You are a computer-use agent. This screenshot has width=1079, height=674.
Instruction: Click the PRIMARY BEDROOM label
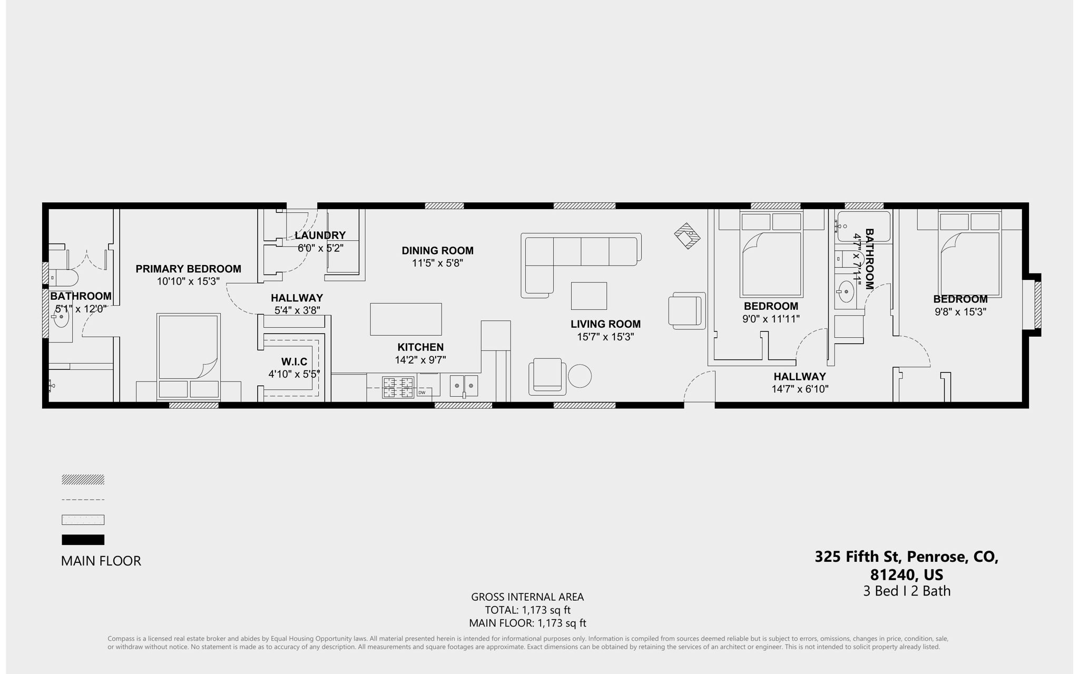188,269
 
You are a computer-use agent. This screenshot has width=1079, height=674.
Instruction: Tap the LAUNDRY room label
320,236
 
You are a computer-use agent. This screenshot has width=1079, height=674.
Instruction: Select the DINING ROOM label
437,251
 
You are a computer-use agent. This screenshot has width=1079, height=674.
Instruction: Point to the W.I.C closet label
294,362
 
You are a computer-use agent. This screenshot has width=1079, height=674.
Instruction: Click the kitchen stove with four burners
398,387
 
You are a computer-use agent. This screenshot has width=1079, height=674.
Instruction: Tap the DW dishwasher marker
421,393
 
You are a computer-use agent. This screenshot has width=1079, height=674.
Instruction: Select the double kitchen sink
464,386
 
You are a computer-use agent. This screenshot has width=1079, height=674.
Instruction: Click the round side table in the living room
580,376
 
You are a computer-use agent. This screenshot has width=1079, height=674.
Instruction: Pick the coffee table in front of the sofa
588,296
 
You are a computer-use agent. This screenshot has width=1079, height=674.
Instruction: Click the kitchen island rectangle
406,319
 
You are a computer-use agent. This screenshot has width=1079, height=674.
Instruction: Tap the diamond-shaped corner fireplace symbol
687,236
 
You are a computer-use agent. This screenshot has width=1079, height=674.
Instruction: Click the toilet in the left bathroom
64,278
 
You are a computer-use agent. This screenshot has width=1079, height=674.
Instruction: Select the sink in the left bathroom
61,317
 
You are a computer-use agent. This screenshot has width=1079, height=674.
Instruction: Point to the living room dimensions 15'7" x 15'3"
605,337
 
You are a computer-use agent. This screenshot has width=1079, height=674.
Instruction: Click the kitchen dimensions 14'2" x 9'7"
420,360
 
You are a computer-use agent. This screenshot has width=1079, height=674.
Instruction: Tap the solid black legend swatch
83,540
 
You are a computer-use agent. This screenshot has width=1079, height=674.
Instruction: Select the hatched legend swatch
83,480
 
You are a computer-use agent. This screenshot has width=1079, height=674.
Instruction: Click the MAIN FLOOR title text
101,561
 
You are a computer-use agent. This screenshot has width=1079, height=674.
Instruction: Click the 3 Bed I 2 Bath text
907,591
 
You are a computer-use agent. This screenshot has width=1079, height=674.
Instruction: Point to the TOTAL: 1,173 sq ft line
527,610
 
